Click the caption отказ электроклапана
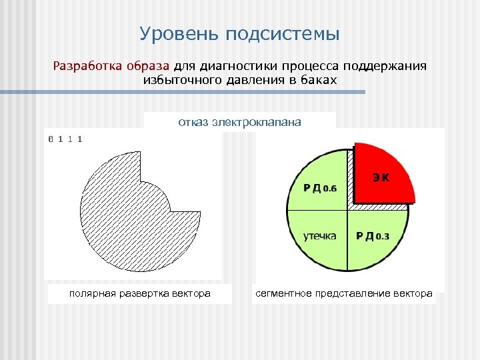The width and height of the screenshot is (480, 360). click(239, 122)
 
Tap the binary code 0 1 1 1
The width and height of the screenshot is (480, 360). click(65, 139)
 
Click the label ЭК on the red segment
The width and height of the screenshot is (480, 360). click(381, 178)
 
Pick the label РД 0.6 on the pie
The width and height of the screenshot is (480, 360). click(320, 188)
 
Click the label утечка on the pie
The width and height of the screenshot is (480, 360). click(320, 236)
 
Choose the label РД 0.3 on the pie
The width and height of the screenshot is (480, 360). click(373, 236)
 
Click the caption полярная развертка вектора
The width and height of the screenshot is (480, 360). click(139, 293)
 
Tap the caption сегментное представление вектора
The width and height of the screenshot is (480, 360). click(344, 293)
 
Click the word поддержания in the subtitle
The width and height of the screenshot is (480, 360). click(393, 67)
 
